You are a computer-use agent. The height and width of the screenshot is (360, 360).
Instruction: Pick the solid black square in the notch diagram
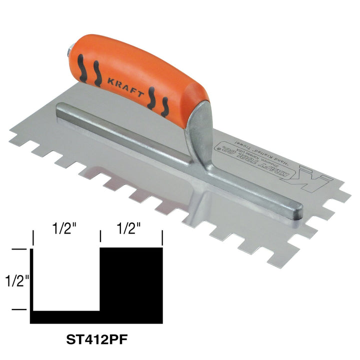coord(131,278)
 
